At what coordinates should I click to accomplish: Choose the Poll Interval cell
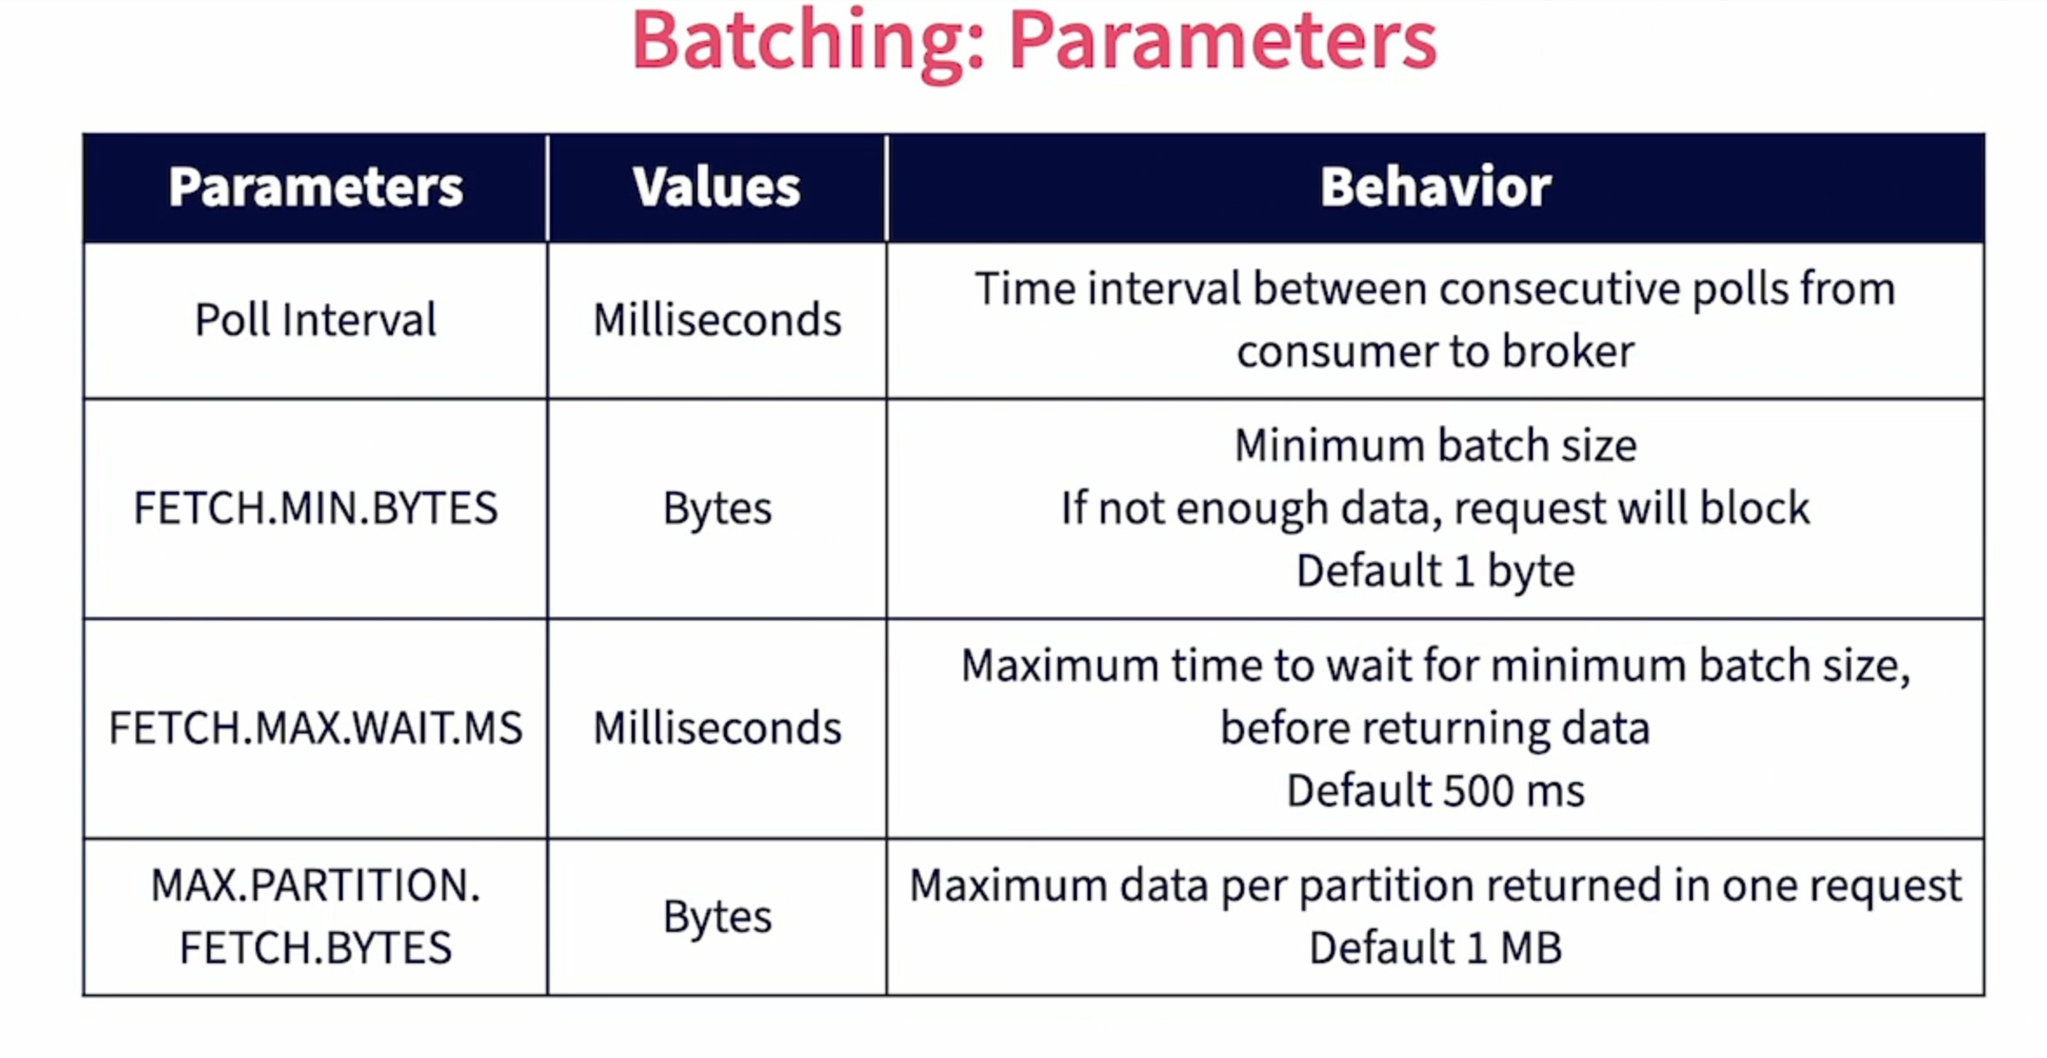(x=316, y=319)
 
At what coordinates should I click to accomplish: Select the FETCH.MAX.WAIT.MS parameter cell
(x=316, y=727)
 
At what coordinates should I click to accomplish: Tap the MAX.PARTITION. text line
(x=316, y=885)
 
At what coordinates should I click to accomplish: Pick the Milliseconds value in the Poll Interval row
(x=718, y=319)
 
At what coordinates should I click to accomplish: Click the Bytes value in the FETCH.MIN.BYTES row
(x=718, y=509)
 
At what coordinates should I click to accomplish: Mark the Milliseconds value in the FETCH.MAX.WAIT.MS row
(x=718, y=727)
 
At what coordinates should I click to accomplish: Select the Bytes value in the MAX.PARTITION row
(x=718, y=918)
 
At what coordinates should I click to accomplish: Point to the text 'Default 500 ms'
(x=1435, y=791)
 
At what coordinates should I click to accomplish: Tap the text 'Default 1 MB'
(x=1435, y=948)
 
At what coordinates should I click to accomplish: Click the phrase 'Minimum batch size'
(x=1435, y=445)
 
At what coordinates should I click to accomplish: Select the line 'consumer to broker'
(x=1435, y=352)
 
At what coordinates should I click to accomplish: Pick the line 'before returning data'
(x=1435, y=728)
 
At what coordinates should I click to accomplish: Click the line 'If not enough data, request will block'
(x=1435, y=509)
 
